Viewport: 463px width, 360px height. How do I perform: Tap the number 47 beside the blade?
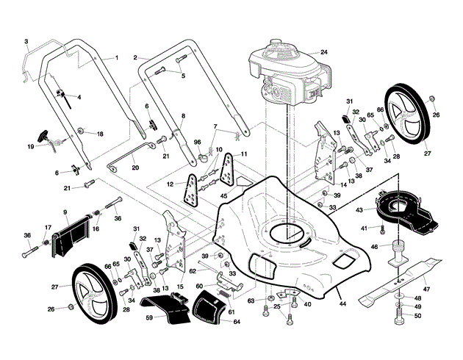(x=426, y=270)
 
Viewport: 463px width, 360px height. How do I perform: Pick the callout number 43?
(x=359, y=210)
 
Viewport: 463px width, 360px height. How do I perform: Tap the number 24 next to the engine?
(x=323, y=52)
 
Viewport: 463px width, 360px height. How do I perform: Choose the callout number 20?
(x=135, y=168)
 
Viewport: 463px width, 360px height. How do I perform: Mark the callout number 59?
(x=148, y=317)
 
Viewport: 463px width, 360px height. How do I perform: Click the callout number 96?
(x=196, y=142)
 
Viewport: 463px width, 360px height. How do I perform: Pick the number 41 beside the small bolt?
(x=363, y=228)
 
